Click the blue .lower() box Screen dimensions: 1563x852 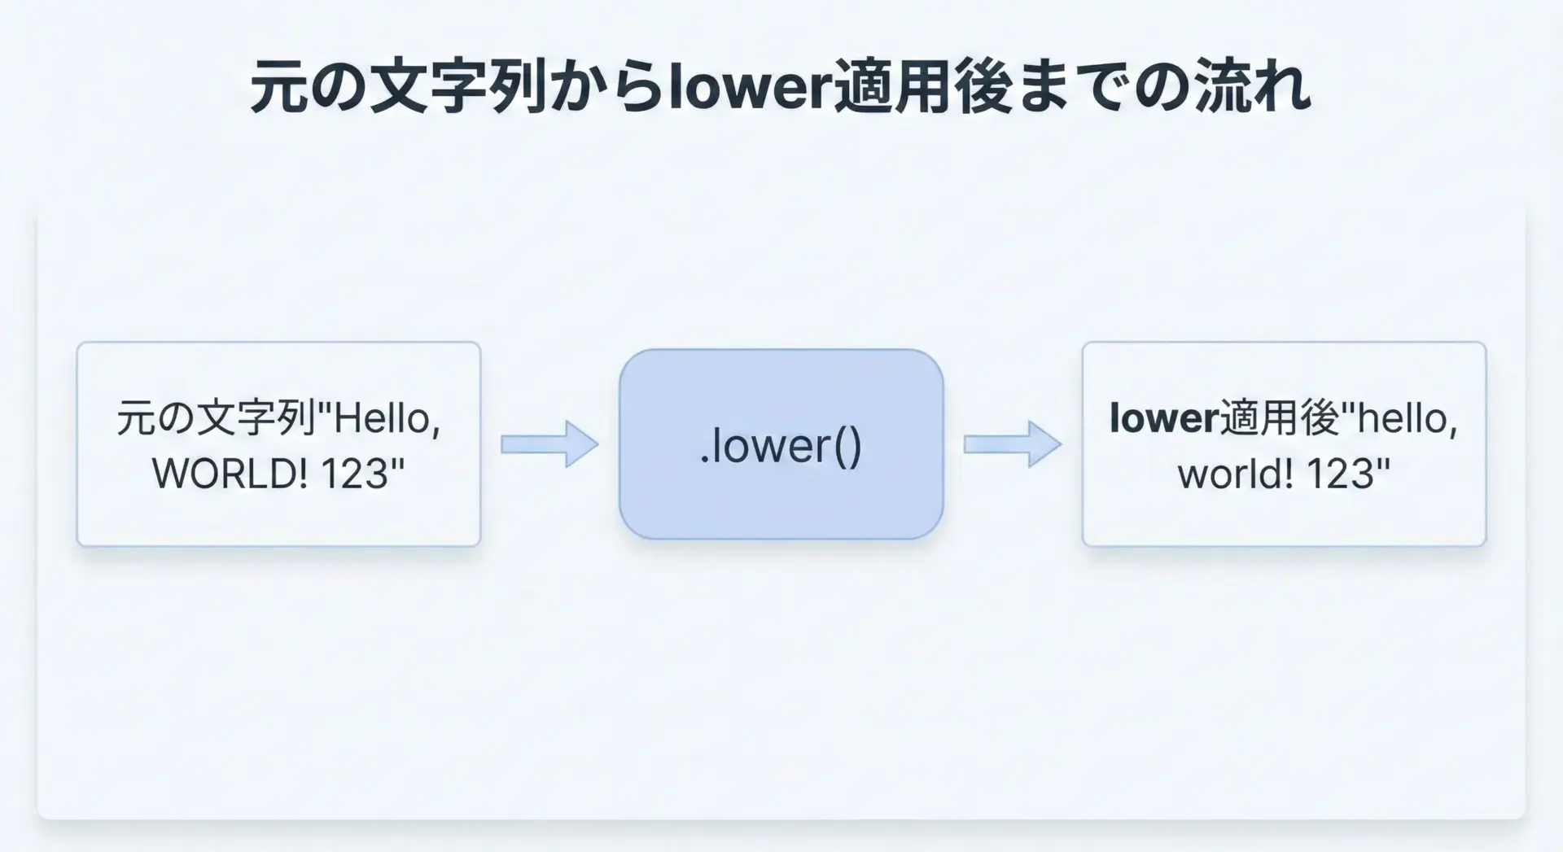pyautogui.click(x=781, y=444)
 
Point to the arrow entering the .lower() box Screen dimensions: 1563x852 pyautogui.click(x=549, y=444)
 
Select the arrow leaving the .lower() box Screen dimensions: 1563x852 pyautogui.click(x=1013, y=444)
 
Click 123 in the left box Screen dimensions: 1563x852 pyautogui.click(x=362, y=474)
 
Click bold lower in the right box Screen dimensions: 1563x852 pyautogui.click(x=1163, y=419)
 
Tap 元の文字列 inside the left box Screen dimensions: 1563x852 pyautogui.click(x=216, y=419)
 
